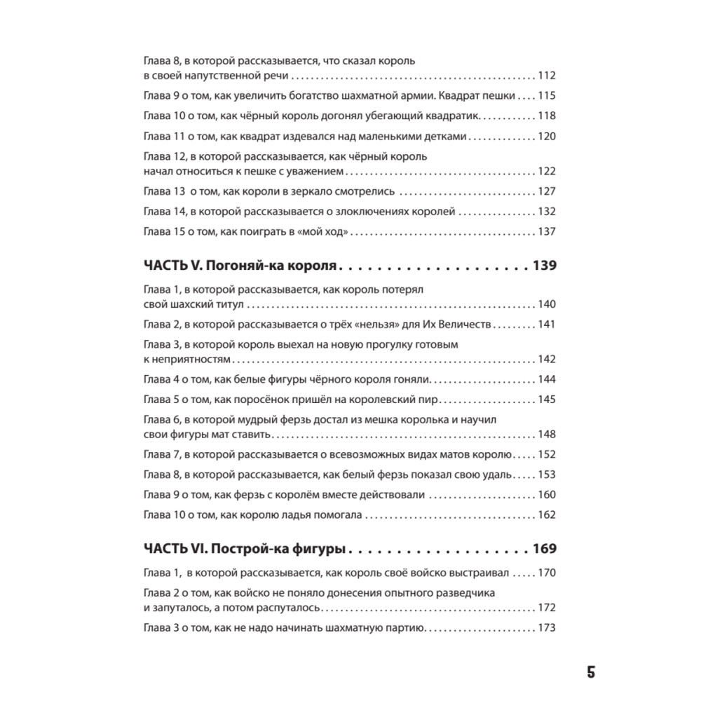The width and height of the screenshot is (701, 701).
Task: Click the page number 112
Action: pyautogui.click(x=546, y=76)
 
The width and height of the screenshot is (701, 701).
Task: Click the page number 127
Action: pyautogui.click(x=546, y=191)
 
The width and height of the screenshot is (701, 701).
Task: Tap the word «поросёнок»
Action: pyautogui.click(x=284, y=400)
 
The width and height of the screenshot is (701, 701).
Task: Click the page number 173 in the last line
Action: pyautogui.click(x=546, y=627)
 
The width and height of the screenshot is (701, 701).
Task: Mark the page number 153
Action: pyautogui.click(x=546, y=475)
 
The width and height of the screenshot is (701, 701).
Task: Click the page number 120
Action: pyautogui.click(x=546, y=136)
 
